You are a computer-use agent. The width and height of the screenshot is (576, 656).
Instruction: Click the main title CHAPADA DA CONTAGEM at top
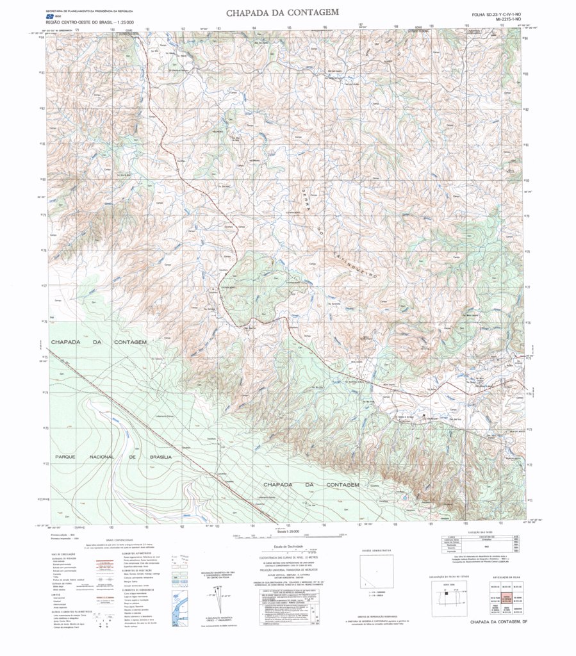pos(282,12)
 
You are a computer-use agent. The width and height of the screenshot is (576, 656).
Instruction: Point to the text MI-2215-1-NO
pos(504,20)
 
